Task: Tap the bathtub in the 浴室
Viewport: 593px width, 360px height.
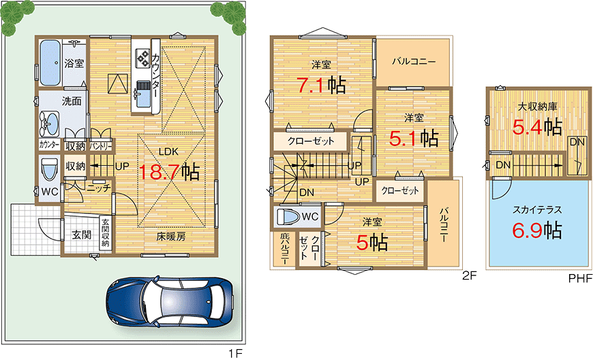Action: tap(49, 63)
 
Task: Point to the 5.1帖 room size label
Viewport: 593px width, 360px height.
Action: tap(413, 138)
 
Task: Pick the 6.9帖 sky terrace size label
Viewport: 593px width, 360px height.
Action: tap(537, 230)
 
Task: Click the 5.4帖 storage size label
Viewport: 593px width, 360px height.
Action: tap(538, 126)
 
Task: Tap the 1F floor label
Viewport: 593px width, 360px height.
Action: tap(235, 353)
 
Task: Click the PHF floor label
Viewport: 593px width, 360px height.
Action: tap(580, 279)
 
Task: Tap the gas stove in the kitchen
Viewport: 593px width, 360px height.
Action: tap(144, 59)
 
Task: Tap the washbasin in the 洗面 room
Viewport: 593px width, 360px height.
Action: tap(50, 124)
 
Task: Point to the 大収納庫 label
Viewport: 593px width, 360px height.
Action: tap(538, 106)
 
